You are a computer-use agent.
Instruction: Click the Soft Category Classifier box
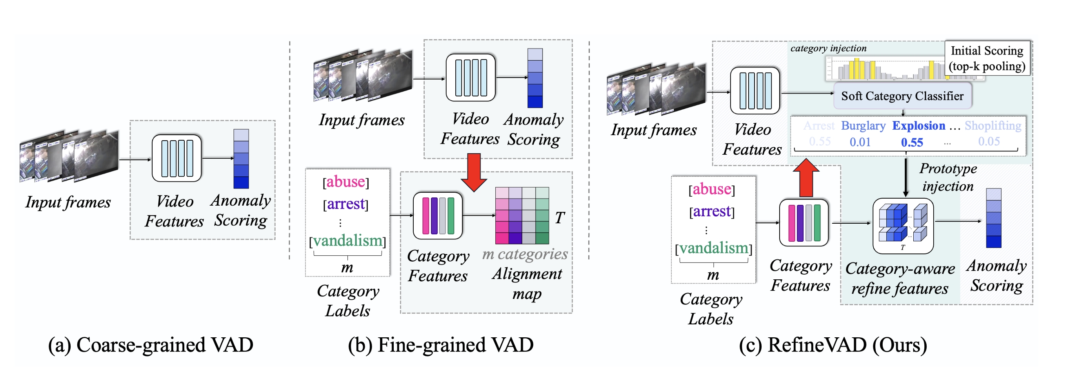pos(902,96)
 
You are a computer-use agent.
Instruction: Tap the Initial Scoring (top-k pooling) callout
pos(987,58)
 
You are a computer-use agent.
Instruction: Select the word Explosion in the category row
pos(918,126)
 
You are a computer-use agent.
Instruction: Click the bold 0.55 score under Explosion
pos(912,143)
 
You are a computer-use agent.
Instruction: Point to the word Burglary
pos(863,126)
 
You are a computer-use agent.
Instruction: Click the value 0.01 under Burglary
pos(860,142)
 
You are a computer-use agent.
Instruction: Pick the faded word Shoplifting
pos(993,126)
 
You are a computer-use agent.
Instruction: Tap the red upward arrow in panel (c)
pos(806,178)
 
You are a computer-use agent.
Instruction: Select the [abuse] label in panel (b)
pos(346,182)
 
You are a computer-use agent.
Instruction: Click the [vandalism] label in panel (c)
pos(713,248)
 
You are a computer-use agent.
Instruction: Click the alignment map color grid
pos(522,215)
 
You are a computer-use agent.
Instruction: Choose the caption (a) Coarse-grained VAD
pos(151,345)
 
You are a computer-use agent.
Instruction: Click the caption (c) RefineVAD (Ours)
pos(833,345)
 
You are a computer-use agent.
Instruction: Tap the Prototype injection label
pos(948,177)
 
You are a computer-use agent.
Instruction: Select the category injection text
pos(828,49)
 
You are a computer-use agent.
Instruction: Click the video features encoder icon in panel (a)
pos(177,158)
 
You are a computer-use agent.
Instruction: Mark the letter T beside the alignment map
pos(560,217)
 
